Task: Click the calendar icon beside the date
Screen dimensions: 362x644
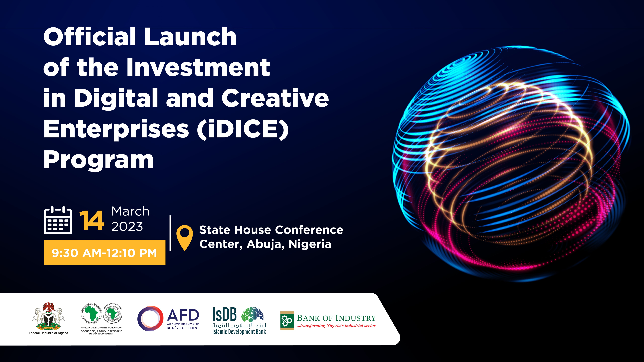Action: tap(58, 220)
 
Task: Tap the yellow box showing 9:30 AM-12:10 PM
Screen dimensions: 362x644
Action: tap(105, 253)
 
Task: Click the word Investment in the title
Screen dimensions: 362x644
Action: tap(198, 67)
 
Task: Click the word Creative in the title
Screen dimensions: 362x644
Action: tap(275, 98)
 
